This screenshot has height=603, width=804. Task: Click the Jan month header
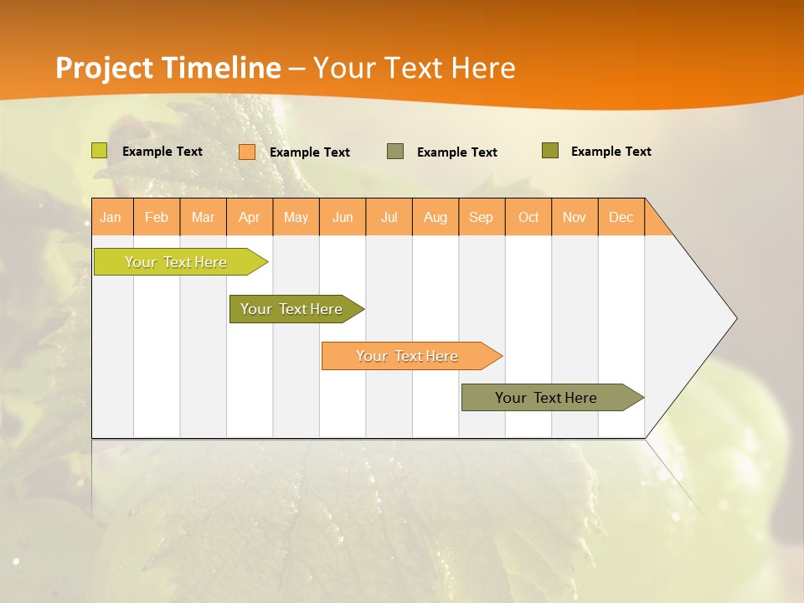click(111, 217)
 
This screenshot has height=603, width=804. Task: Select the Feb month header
click(157, 217)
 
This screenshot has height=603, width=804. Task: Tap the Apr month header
click(250, 217)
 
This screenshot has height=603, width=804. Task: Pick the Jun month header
click(343, 217)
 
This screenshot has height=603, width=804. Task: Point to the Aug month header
click(435, 217)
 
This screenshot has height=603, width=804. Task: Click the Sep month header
click(482, 217)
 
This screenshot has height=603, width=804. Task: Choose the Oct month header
click(528, 217)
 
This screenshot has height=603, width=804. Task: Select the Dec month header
click(621, 217)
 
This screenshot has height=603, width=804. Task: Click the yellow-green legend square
click(100, 151)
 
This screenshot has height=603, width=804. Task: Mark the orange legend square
click(247, 152)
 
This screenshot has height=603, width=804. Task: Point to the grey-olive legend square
click(395, 152)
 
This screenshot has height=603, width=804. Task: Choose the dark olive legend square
click(550, 151)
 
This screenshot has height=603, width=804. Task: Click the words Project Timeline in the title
click(167, 68)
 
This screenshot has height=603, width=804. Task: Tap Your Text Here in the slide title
click(414, 68)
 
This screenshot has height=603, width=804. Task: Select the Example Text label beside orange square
click(309, 152)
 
